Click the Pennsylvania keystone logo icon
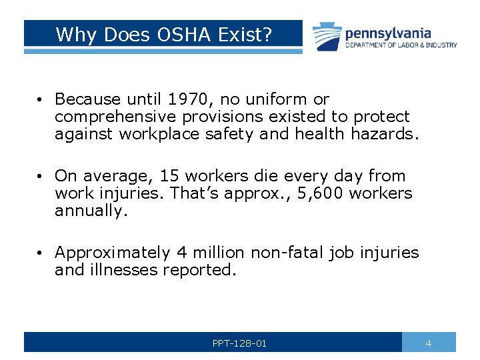(x=326, y=36)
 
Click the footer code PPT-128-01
(x=239, y=343)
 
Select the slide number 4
(x=429, y=343)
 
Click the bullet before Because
(x=41, y=100)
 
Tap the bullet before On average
(x=41, y=177)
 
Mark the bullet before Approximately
(x=41, y=253)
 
